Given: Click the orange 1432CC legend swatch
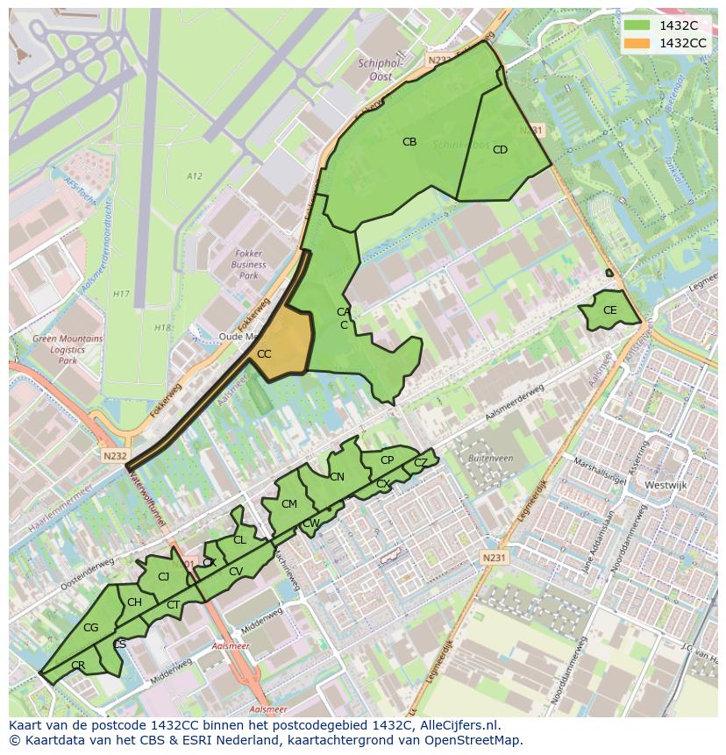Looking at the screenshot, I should point(637,42).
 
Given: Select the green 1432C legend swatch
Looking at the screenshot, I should point(637,25).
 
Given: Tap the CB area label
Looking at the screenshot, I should point(409,142).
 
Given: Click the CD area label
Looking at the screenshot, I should point(500,150).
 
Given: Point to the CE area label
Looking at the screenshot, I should point(610,310).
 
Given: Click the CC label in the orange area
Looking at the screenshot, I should point(264,354).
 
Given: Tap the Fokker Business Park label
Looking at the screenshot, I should point(249,265).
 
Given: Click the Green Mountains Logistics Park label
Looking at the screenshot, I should point(68,349).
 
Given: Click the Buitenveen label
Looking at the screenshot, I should point(490,459).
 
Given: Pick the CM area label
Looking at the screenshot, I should point(289,504).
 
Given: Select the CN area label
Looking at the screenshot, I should point(337,477).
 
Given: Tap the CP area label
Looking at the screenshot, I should point(387,459).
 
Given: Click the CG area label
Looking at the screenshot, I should point(91,628).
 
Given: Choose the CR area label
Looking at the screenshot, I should point(78,666).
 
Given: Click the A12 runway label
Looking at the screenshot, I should point(195,176).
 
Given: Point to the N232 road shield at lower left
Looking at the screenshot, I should point(115,456).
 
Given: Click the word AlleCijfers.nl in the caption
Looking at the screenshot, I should point(458,726).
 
